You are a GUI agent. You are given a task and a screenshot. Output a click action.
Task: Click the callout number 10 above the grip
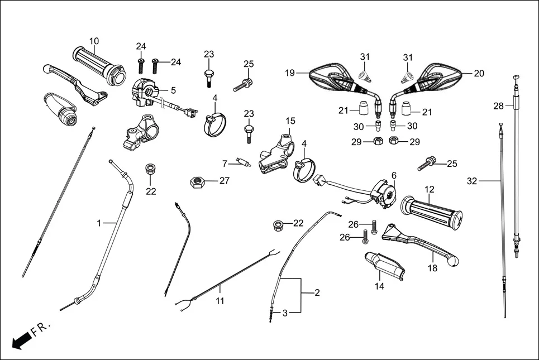94,41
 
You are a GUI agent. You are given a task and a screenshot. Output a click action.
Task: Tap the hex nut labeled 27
196,181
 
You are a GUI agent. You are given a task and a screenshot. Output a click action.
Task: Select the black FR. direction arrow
21,339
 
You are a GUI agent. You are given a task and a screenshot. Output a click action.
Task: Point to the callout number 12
429,190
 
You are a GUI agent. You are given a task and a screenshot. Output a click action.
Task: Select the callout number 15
290,121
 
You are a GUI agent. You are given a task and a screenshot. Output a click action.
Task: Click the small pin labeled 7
243,163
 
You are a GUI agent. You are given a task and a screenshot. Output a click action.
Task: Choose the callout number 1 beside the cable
99,223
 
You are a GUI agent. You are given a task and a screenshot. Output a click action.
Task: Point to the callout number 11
220,301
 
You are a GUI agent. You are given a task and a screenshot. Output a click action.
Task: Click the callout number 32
473,180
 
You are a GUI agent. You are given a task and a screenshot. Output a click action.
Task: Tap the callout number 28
498,105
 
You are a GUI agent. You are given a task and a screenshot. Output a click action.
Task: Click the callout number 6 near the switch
393,175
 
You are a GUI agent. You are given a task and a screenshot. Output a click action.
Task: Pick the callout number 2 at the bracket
317,292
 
